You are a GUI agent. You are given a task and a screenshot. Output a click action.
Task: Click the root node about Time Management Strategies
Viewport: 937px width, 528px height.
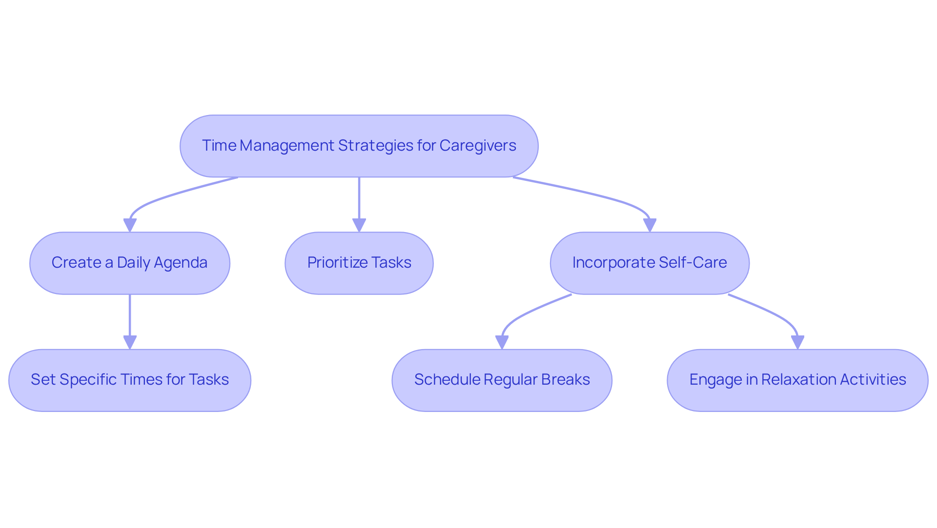click(x=359, y=146)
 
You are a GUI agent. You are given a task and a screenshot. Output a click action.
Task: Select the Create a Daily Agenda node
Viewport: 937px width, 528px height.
click(x=129, y=263)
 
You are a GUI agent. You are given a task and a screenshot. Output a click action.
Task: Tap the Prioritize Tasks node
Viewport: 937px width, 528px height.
click(x=359, y=263)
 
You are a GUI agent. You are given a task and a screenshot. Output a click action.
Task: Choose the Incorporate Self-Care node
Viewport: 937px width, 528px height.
click(x=650, y=263)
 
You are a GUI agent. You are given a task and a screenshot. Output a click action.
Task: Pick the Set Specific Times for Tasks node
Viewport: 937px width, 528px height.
click(x=129, y=380)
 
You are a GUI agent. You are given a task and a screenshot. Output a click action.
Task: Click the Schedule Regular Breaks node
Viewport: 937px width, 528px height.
click(x=502, y=380)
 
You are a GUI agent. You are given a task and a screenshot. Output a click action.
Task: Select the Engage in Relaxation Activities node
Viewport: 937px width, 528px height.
click(x=797, y=380)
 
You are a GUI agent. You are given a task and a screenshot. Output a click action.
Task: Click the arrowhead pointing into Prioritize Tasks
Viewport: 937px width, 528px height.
click(x=359, y=225)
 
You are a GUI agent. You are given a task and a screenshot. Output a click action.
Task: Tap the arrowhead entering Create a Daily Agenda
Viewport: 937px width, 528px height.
click(x=130, y=225)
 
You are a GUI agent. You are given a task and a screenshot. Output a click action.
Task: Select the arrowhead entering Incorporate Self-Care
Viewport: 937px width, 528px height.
click(x=650, y=225)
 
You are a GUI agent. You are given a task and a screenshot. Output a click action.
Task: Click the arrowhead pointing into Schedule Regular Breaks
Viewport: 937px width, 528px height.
click(x=502, y=342)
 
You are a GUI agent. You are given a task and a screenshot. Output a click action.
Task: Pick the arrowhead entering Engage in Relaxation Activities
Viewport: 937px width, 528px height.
click(x=797, y=342)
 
